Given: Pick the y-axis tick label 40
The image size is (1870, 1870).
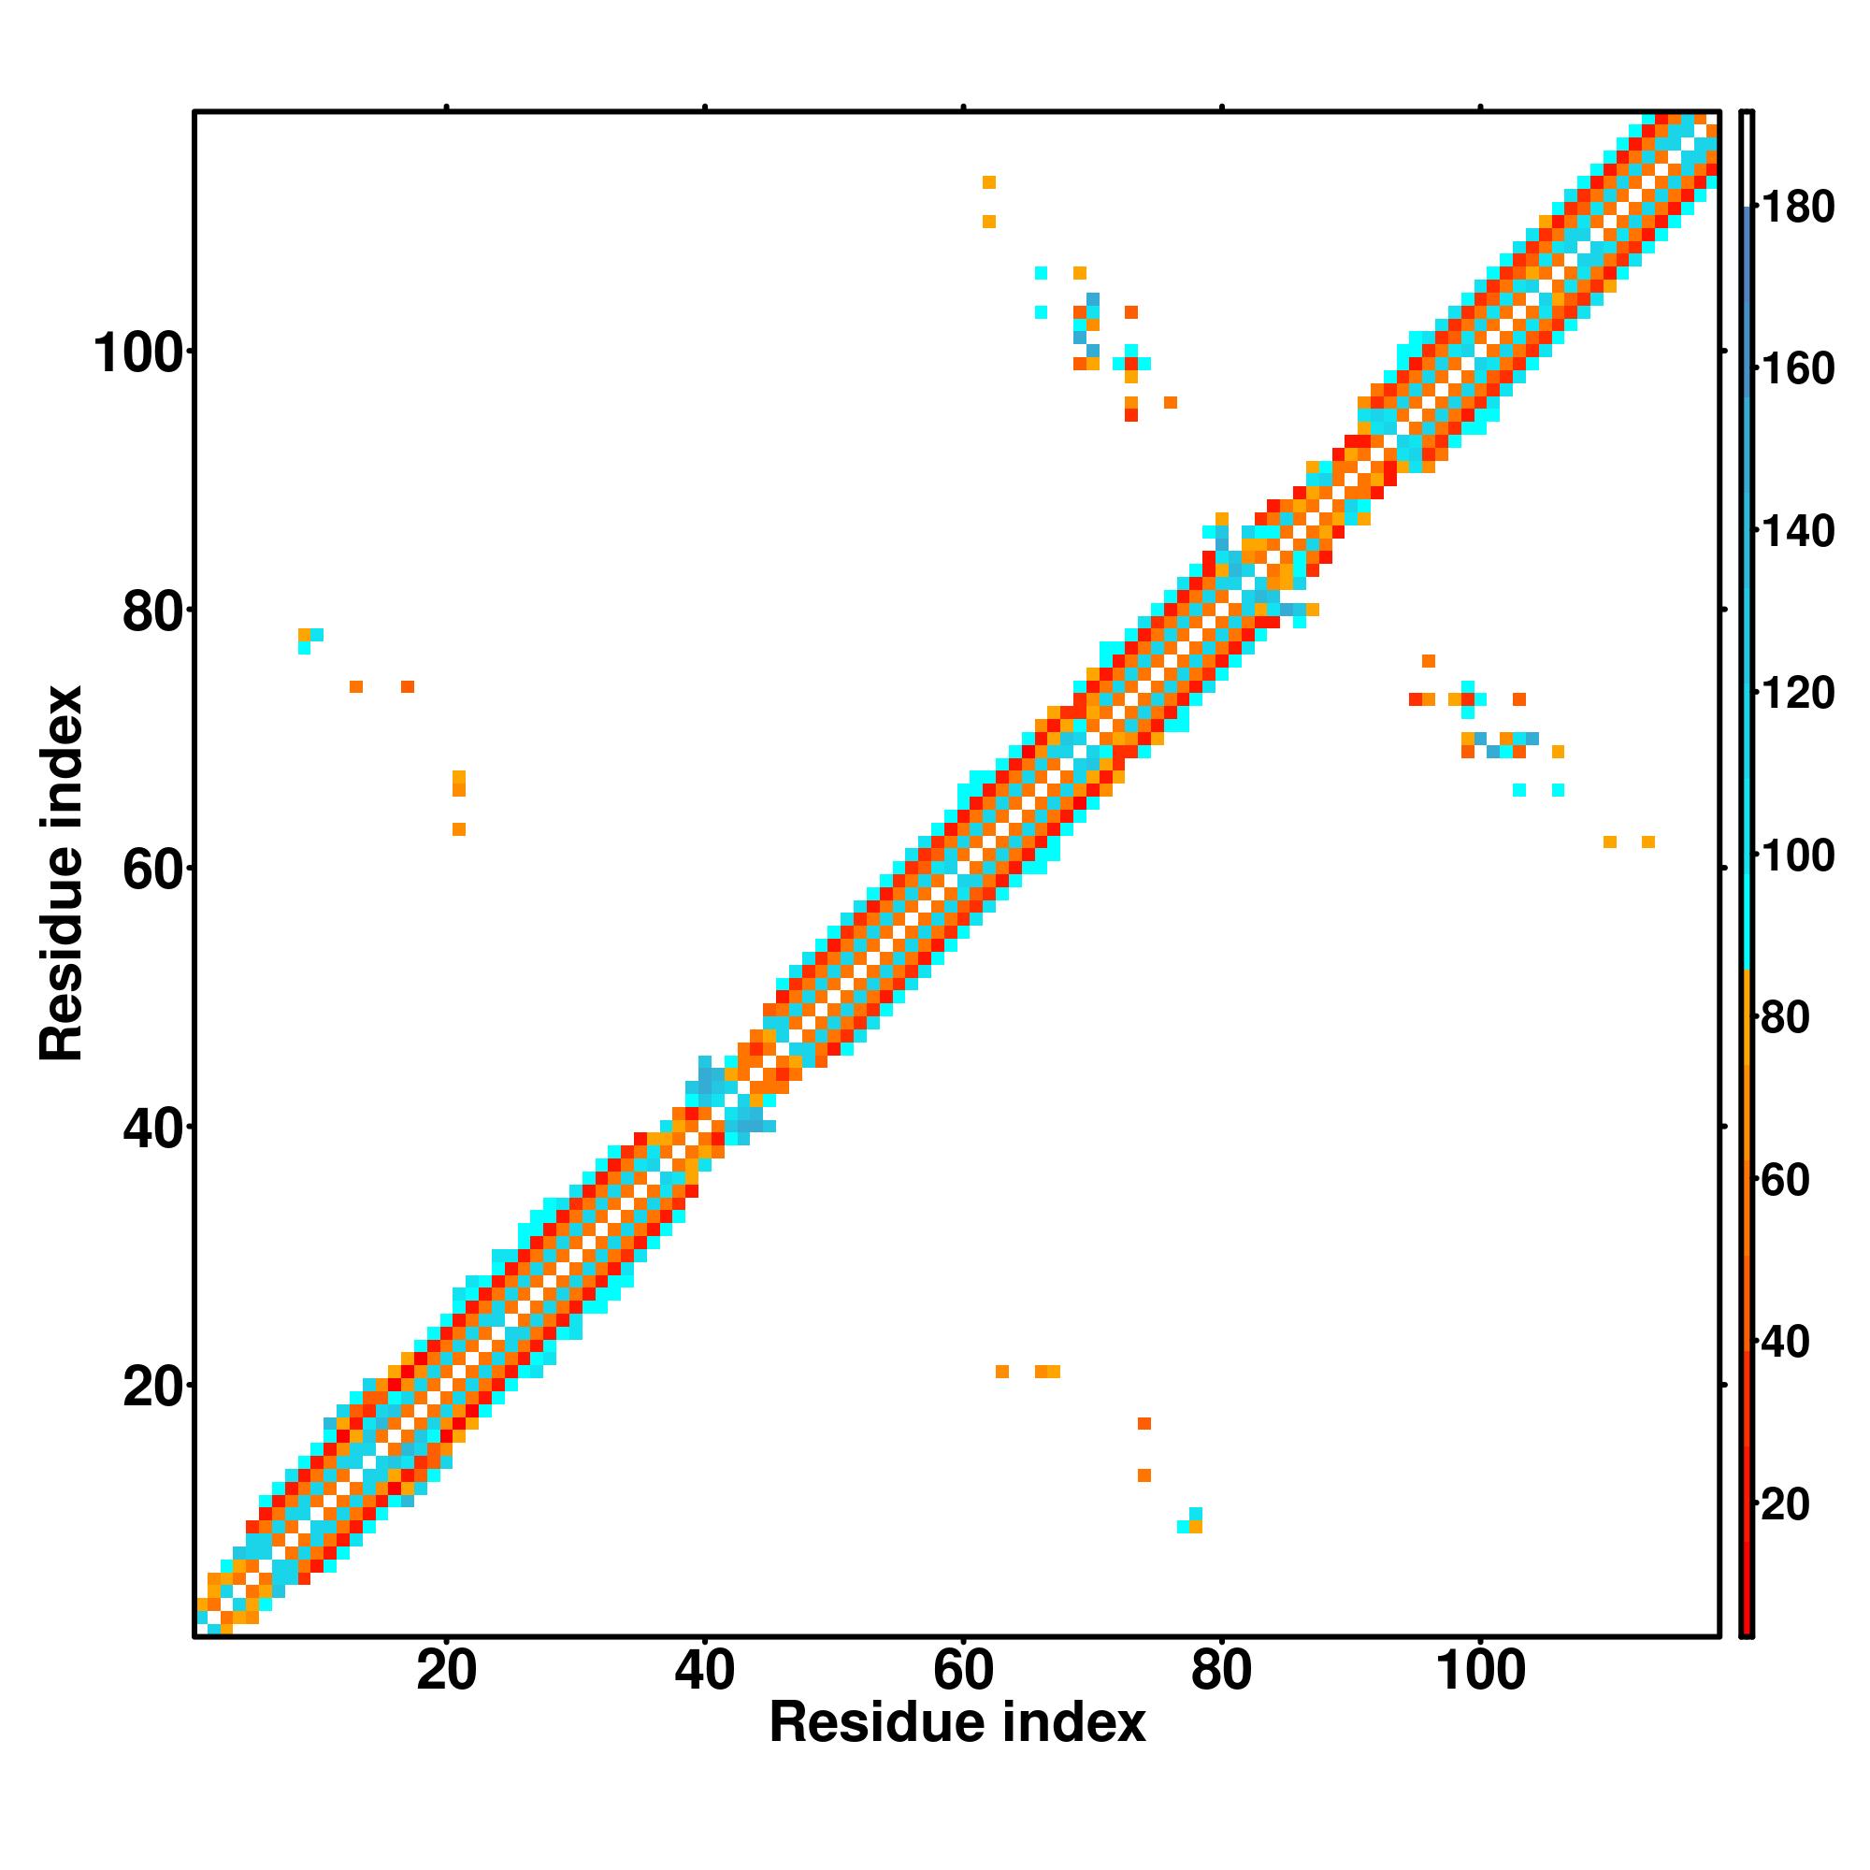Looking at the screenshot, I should point(153,1129).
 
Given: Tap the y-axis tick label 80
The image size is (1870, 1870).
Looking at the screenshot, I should point(153,611).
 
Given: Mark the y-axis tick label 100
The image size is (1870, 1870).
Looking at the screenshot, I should point(138,353).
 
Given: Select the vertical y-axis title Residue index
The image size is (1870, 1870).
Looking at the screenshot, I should point(62,873).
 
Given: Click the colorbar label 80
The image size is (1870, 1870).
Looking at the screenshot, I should point(1786,1017).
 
